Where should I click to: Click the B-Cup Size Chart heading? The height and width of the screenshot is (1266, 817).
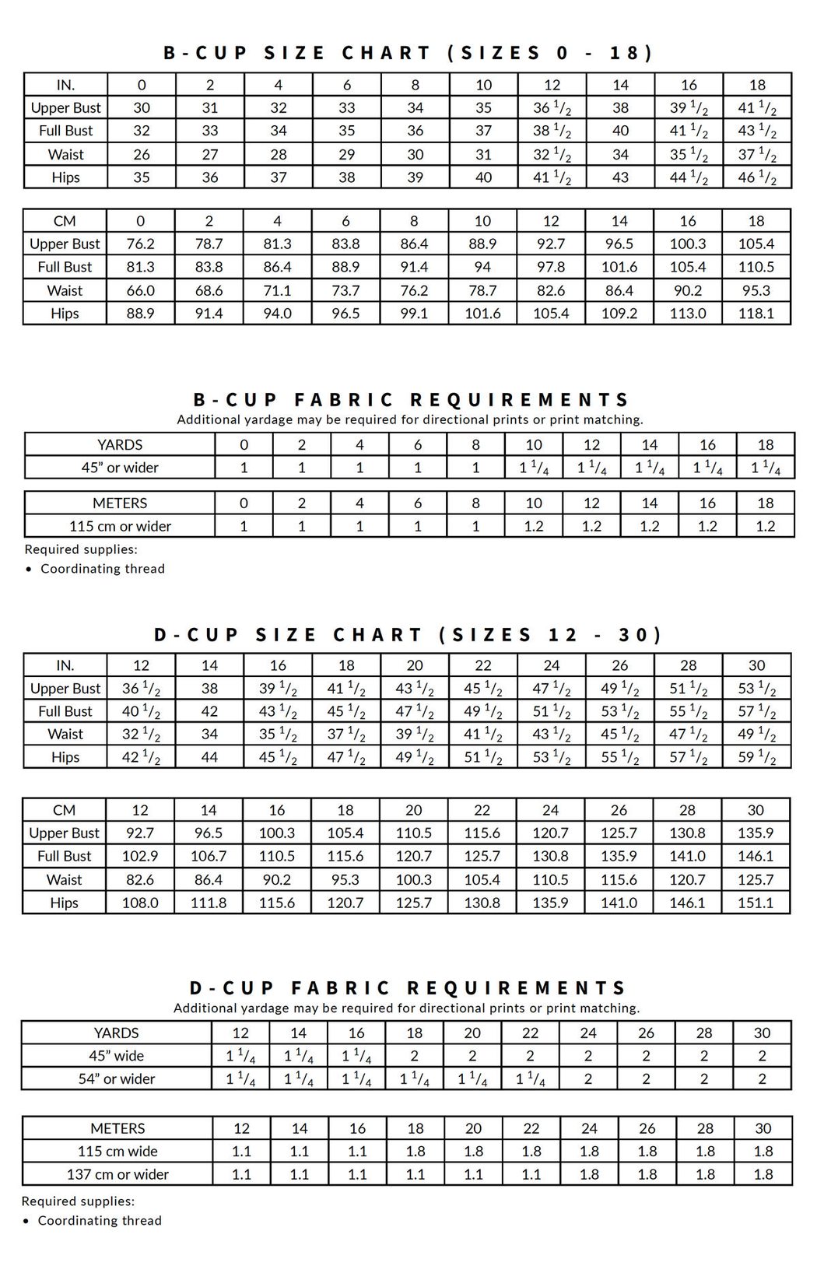(408, 53)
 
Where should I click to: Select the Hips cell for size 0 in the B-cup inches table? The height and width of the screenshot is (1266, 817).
(142, 177)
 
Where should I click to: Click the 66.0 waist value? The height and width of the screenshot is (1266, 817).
(140, 290)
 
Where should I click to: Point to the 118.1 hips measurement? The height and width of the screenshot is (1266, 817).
(756, 314)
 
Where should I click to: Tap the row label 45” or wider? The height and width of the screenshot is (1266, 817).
(120, 468)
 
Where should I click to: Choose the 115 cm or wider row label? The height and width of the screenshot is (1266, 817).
(120, 526)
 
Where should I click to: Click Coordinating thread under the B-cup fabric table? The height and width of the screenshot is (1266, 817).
(103, 569)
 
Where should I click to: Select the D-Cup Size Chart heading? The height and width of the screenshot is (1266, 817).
(408, 635)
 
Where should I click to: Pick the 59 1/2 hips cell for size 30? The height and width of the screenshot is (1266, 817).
(756, 757)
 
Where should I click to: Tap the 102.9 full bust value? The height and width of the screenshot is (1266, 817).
(140, 856)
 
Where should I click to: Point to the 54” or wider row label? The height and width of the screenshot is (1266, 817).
(117, 1079)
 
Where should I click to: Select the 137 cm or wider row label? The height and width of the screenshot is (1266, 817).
(117, 1174)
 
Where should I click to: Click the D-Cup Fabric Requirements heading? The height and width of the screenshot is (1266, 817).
(408, 988)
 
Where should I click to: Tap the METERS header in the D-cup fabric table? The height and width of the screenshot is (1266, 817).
(117, 1128)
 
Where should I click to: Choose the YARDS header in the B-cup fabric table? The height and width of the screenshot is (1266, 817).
(120, 445)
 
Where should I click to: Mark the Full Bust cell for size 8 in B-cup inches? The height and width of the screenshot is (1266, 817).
(416, 131)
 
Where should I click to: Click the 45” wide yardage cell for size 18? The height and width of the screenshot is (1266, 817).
(414, 1056)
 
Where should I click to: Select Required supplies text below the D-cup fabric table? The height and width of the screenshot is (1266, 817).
(78, 1201)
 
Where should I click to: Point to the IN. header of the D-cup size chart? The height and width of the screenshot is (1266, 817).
(65, 665)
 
